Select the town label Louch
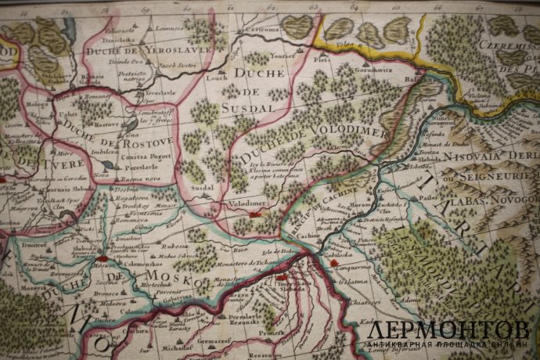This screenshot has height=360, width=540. pyautogui.click(x=217, y=78)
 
